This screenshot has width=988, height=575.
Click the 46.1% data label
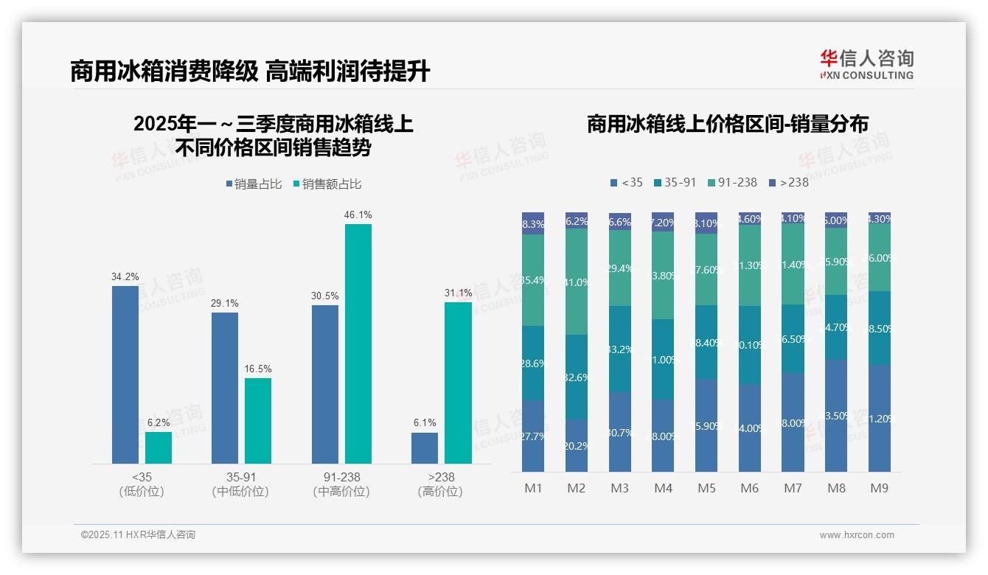(x=358, y=215)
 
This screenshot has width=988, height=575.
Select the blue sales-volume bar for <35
(x=125, y=374)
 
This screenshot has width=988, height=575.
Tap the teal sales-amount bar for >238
(x=458, y=383)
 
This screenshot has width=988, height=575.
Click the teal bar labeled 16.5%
(x=258, y=421)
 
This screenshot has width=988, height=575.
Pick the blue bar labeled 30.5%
(x=325, y=384)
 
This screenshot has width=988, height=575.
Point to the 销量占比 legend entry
(x=254, y=184)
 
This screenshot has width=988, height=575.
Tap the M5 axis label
(x=706, y=488)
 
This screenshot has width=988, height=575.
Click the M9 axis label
(x=879, y=488)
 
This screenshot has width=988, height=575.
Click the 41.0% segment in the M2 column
(x=577, y=282)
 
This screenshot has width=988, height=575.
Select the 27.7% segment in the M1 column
(x=533, y=436)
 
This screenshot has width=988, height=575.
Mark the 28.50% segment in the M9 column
(x=880, y=328)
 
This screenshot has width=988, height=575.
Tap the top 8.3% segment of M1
(x=533, y=224)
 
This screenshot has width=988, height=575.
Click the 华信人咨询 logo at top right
(x=866, y=64)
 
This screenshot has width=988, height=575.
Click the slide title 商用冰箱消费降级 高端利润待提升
(x=250, y=72)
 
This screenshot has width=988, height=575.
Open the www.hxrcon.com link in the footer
(x=857, y=535)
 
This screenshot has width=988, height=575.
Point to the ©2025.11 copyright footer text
(x=138, y=535)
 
